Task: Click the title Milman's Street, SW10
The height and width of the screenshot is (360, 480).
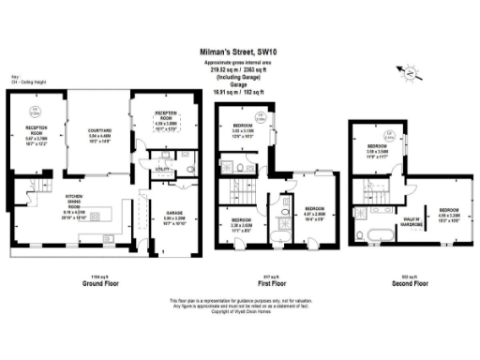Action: [239, 53]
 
